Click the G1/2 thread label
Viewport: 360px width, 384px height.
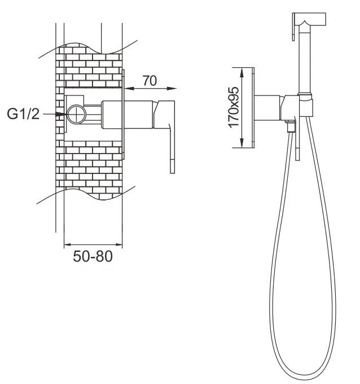pos(23,114)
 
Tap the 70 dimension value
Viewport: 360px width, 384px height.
pos(150,81)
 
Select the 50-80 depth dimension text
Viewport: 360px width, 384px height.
pos(93,256)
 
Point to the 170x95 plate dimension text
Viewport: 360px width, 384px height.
pos(234,107)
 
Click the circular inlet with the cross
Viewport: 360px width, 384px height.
pos(77,114)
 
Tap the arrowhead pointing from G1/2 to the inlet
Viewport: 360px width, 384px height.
pos(61,114)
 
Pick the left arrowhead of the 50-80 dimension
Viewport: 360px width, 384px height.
pos(68,245)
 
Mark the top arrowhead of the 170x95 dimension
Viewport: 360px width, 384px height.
pos(242,73)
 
